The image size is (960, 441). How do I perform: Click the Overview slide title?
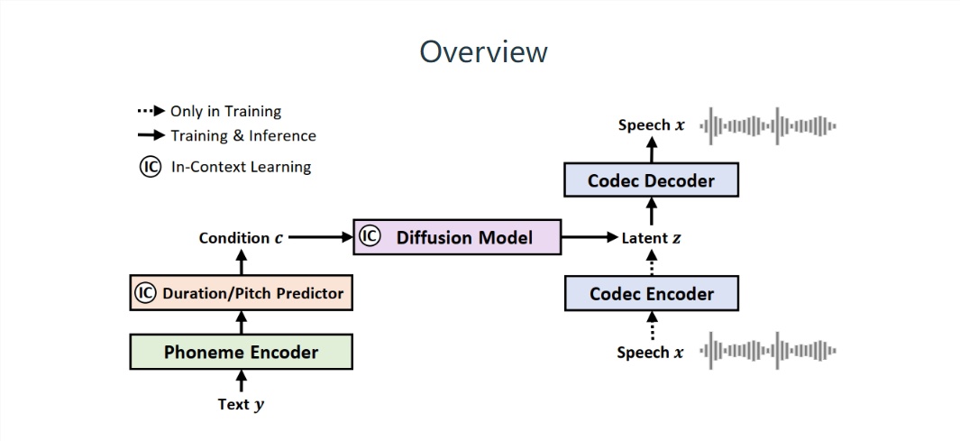pos(483,51)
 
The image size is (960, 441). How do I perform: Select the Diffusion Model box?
pos(456,237)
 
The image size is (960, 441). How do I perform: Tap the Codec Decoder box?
pos(651,180)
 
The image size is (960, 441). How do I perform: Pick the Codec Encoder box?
pos(651,293)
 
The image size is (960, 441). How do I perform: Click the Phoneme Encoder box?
pos(241,352)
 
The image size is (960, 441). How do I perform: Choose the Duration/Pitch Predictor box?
pos(241,293)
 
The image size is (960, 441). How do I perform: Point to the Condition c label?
pos(240,239)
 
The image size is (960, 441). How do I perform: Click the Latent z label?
pos(651,239)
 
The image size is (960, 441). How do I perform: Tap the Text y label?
pos(241,405)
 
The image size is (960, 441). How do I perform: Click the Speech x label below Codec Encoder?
pos(649,353)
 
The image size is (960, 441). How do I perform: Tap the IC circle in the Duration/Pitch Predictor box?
pos(146,293)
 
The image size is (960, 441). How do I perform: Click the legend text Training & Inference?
pos(243,136)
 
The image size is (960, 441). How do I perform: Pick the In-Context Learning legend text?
pos(241,167)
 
